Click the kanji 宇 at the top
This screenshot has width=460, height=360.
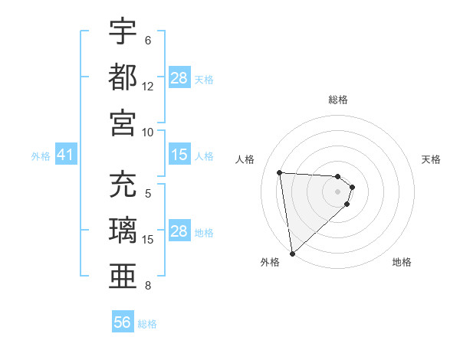click(123, 32)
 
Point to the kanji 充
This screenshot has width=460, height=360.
click(123, 185)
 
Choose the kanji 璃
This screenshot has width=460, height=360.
click(123, 230)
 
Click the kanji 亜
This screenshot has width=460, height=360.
click(123, 275)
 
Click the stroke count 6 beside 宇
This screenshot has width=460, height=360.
click(147, 41)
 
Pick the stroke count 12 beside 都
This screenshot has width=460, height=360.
click(148, 86)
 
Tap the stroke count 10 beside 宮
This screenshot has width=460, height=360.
click(148, 131)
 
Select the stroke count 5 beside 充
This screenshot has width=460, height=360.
click(147, 195)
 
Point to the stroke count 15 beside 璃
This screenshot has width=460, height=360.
click(148, 240)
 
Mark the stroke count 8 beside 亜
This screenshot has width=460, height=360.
click(147, 285)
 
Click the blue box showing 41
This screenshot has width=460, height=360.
click(65, 155)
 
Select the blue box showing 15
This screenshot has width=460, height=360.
click(179, 155)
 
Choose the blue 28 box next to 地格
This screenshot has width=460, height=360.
click(179, 232)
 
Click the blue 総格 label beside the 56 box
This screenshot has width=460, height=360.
click(147, 324)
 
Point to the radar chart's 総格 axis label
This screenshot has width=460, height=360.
click(338, 100)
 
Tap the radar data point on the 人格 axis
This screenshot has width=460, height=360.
click(280, 172)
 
